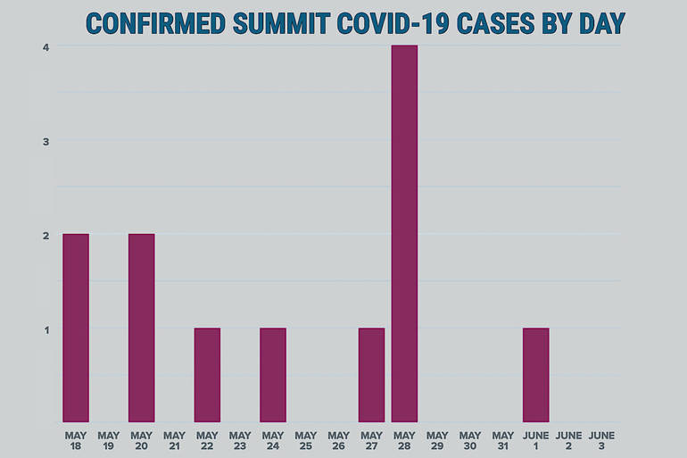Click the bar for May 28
pos(404,233)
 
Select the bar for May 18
pos(76,328)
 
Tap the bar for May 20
pos(141,328)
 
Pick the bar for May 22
pos(207,375)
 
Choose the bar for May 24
pos(273,375)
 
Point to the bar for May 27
pos(371,375)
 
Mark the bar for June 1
pos(535,375)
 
